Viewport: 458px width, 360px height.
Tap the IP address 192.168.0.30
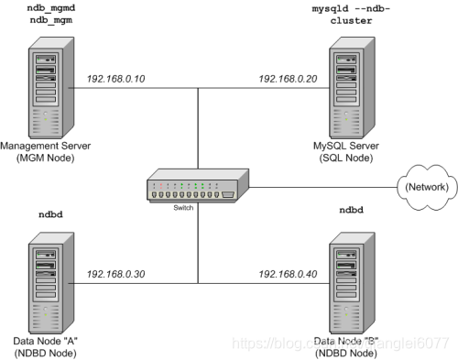tap(115, 274)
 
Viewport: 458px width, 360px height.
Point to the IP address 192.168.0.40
tap(289, 274)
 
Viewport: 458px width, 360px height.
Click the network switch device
tap(197, 188)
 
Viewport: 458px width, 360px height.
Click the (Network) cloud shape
tap(426, 188)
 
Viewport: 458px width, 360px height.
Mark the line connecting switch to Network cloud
tap(321, 188)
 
